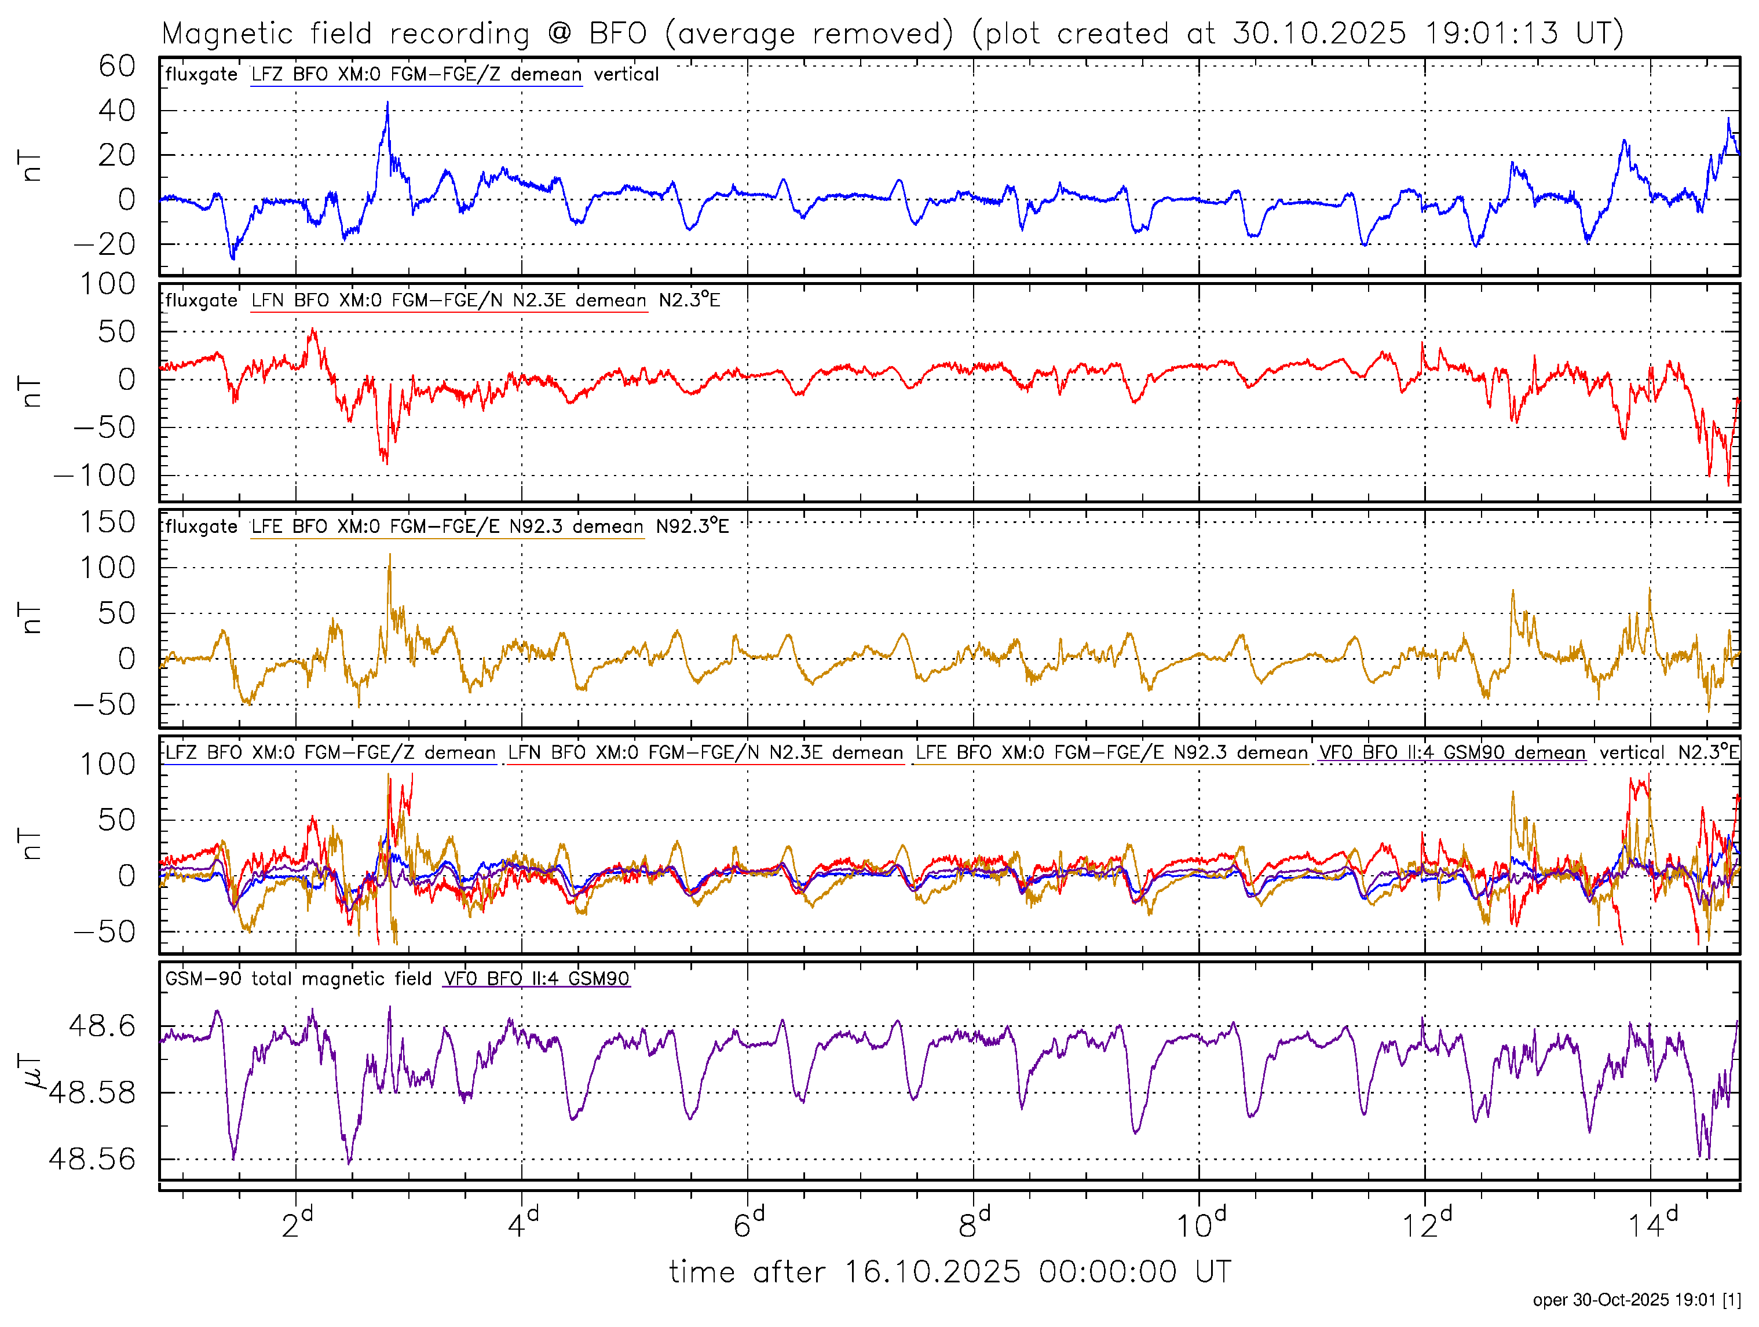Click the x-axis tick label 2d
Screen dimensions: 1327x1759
(x=297, y=1224)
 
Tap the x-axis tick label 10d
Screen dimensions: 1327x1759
(x=1201, y=1224)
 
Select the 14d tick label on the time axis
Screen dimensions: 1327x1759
(x=1652, y=1224)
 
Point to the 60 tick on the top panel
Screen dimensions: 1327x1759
(x=117, y=66)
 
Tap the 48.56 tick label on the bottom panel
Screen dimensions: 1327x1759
(x=92, y=1159)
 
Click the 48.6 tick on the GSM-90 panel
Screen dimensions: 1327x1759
(x=103, y=1026)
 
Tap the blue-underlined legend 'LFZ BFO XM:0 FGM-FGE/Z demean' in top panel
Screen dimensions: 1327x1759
(x=416, y=75)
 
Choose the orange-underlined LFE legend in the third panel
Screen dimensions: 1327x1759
(x=447, y=527)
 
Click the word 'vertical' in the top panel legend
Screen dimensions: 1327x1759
(x=626, y=75)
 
